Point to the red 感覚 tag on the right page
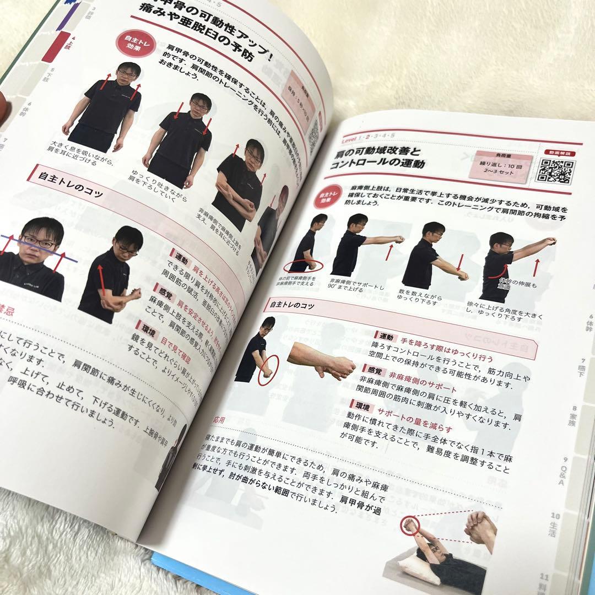click(370, 369)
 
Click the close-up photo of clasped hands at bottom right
click(480, 528)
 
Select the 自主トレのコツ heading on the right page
click(293, 305)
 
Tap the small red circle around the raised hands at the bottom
click(410, 525)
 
